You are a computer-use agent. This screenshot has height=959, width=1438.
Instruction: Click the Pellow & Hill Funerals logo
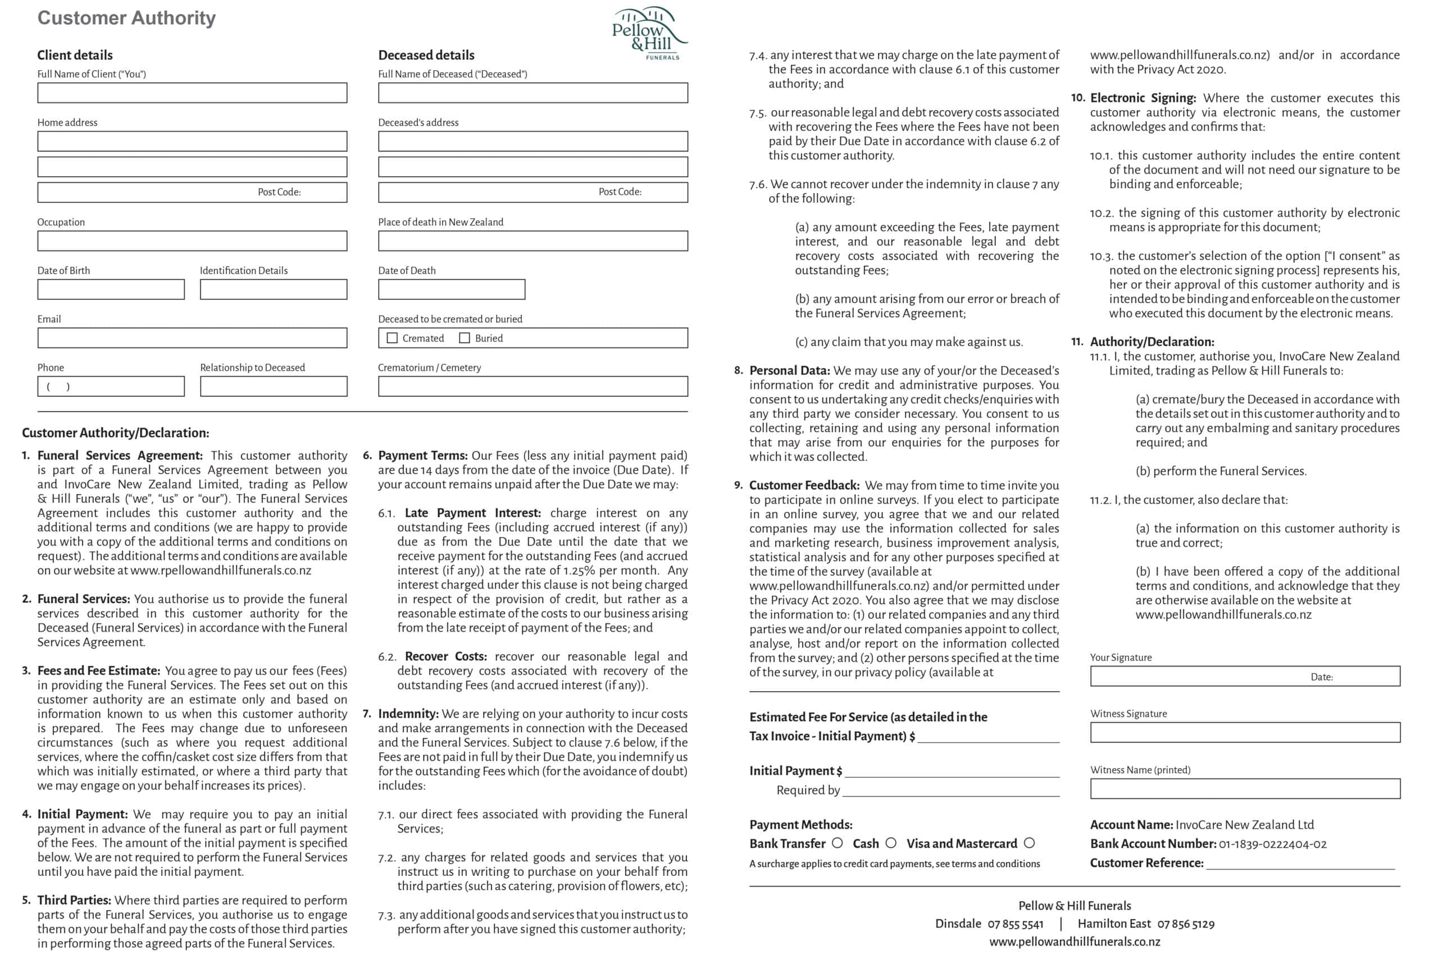[x=649, y=34]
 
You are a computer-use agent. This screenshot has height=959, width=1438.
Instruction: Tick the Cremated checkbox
[x=392, y=338]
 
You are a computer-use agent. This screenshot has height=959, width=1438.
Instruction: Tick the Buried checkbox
[x=465, y=338]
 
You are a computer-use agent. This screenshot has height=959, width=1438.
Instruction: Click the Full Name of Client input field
[x=192, y=93]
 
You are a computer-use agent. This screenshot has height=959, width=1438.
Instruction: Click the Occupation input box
[x=192, y=241]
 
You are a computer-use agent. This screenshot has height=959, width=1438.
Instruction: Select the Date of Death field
[x=451, y=289]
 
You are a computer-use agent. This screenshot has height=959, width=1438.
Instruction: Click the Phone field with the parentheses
[x=110, y=386]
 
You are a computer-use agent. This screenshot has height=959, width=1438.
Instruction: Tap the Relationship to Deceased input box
[x=273, y=386]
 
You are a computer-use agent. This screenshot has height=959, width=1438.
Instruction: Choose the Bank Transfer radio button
[x=837, y=843]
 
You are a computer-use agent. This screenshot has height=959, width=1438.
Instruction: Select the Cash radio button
[x=891, y=843]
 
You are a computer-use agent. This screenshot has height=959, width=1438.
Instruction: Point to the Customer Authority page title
[x=126, y=19]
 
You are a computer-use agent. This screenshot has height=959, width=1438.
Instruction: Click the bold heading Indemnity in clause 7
[x=408, y=714]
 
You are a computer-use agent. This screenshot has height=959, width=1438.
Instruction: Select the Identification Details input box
[x=273, y=289]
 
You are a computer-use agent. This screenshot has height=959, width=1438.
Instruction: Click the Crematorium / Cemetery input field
[x=533, y=386]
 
